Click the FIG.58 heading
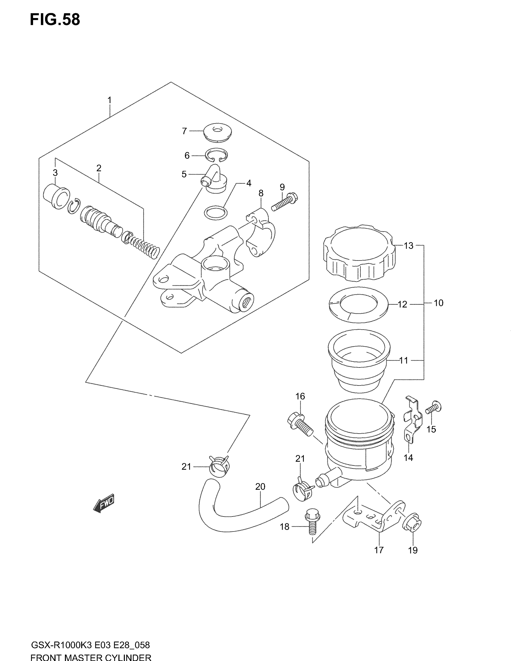pos(55,20)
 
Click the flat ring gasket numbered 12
pos(358,304)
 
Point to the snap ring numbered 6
pos(216,155)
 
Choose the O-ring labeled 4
pos(216,212)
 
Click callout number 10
pos(438,303)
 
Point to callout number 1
pos(110,100)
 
